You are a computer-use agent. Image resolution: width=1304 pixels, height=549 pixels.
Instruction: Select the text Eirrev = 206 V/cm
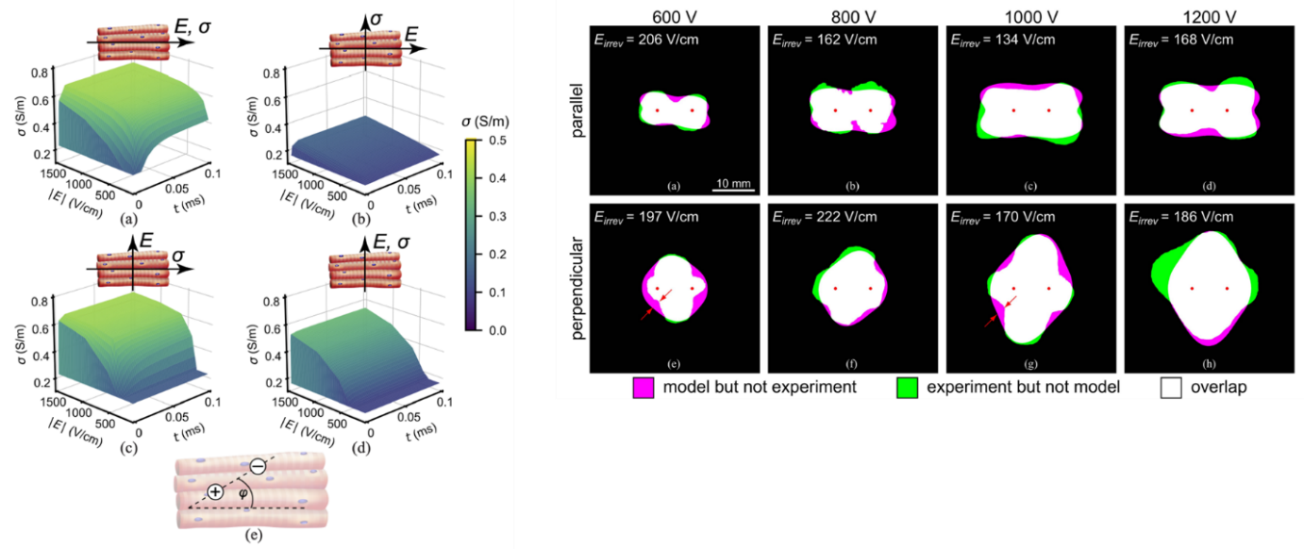645,41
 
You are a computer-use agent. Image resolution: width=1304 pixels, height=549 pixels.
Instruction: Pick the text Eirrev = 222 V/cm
824,218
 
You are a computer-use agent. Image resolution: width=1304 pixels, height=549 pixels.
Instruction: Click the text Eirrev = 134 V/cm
1002,41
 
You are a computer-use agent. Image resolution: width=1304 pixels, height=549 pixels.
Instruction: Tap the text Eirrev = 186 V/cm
1180,218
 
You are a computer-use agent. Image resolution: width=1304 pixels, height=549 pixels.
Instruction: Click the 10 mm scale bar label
732,181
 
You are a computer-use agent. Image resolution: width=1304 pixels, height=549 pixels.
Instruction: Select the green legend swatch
907,386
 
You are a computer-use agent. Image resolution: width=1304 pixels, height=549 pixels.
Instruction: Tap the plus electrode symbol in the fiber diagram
215,491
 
